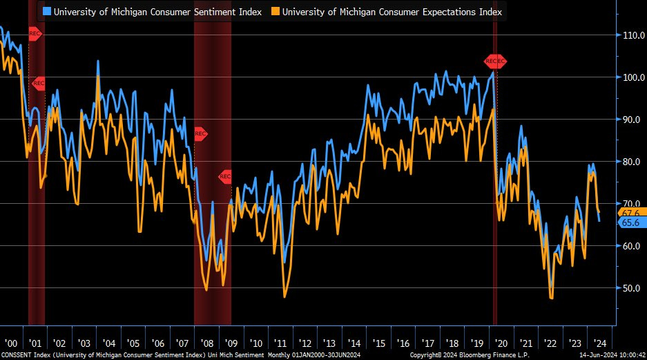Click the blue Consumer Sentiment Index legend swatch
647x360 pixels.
pyautogui.click(x=46, y=11)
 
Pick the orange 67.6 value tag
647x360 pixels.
pyautogui.click(x=632, y=212)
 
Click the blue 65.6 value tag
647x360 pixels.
pyautogui.click(x=632, y=222)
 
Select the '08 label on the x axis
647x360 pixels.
pyautogui.click(x=206, y=343)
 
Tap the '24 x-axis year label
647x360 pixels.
pyautogui.click(x=599, y=343)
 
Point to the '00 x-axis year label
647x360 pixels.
pyautogui.click(x=10, y=343)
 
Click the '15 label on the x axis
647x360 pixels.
pyautogui.click(x=378, y=343)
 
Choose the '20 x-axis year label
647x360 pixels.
pyautogui.click(x=501, y=343)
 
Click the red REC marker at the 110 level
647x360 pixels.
pyautogui.click(x=35, y=33)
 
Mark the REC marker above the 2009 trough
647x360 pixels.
pyautogui.click(x=226, y=176)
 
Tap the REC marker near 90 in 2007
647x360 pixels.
pyautogui.click(x=200, y=133)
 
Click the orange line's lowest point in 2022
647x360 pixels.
pyautogui.click(x=551, y=298)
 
